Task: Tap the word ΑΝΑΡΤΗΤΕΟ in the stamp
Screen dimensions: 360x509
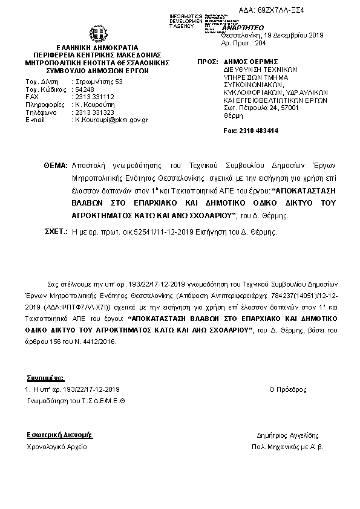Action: (x=243, y=28)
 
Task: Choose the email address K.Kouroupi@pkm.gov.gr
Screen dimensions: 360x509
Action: (x=111, y=120)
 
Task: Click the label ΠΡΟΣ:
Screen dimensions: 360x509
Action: (x=208, y=62)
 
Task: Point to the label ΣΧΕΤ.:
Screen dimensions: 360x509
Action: (x=56, y=232)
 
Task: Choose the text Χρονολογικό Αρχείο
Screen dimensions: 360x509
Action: (x=57, y=447)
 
